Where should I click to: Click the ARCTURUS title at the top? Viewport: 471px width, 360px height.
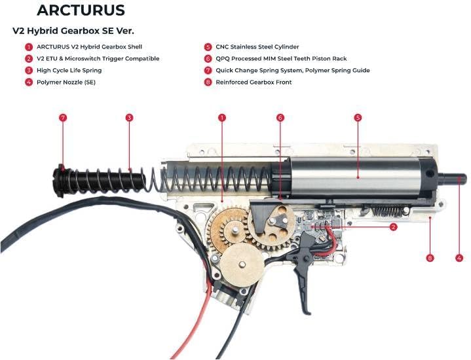81,10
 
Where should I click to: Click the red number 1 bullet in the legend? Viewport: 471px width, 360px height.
29,47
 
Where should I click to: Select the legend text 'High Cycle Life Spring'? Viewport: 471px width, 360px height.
69,70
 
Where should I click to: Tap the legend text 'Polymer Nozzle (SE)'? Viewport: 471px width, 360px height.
66,82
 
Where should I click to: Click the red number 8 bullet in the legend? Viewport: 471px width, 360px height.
208,82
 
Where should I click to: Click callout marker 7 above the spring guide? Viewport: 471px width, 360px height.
63,118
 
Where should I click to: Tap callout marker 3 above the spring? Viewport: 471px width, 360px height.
130,118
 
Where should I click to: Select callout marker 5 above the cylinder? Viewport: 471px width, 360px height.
358,118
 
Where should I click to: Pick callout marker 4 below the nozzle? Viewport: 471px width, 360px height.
459,258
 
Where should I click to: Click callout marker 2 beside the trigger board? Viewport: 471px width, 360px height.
394,227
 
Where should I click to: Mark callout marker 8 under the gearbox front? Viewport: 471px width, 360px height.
430,258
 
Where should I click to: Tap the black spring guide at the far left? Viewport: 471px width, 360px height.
63,178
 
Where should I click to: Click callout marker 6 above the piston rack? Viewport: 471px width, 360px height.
280,118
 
